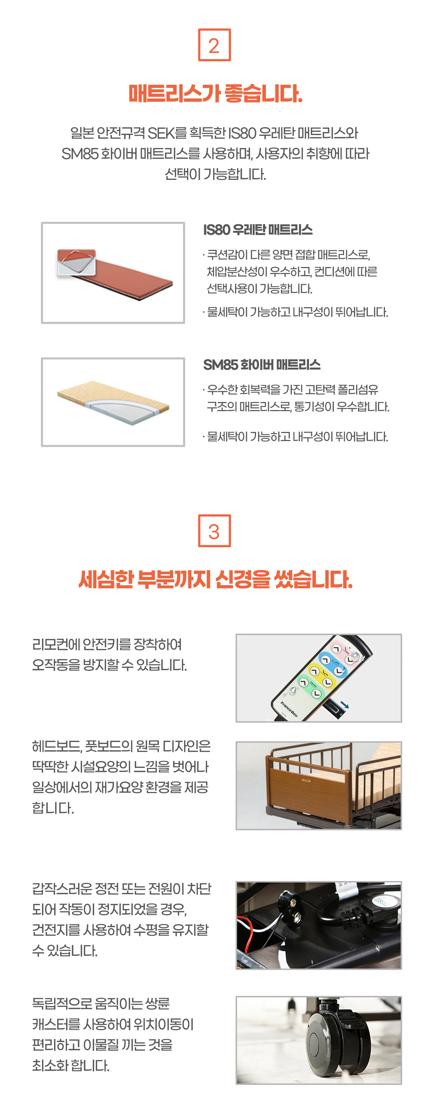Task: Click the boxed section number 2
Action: click(214, 45)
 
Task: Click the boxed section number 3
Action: click(214, 531)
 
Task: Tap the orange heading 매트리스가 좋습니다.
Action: click(215, 93)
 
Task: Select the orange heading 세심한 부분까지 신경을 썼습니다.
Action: click(215, 579)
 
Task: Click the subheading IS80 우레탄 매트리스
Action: click(258, 230)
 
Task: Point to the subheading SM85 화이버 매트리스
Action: click(262, 365)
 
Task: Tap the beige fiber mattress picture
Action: click(113, 402)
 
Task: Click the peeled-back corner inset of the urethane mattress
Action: click(76, 262)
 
